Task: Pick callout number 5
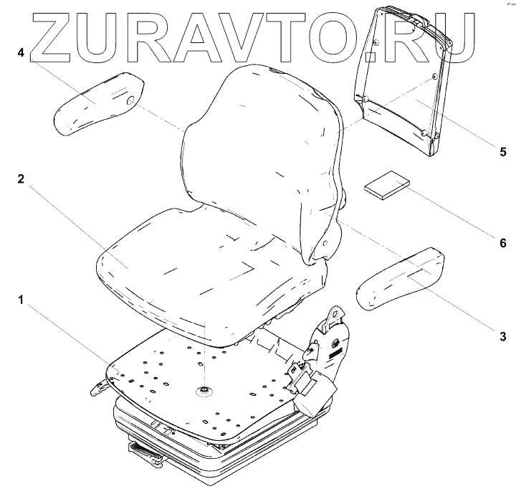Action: (x=502, y=152)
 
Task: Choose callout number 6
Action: (x=502, y=244)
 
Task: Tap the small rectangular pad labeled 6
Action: (x=386, y=185)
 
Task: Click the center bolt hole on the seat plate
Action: (x=204, y=391)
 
